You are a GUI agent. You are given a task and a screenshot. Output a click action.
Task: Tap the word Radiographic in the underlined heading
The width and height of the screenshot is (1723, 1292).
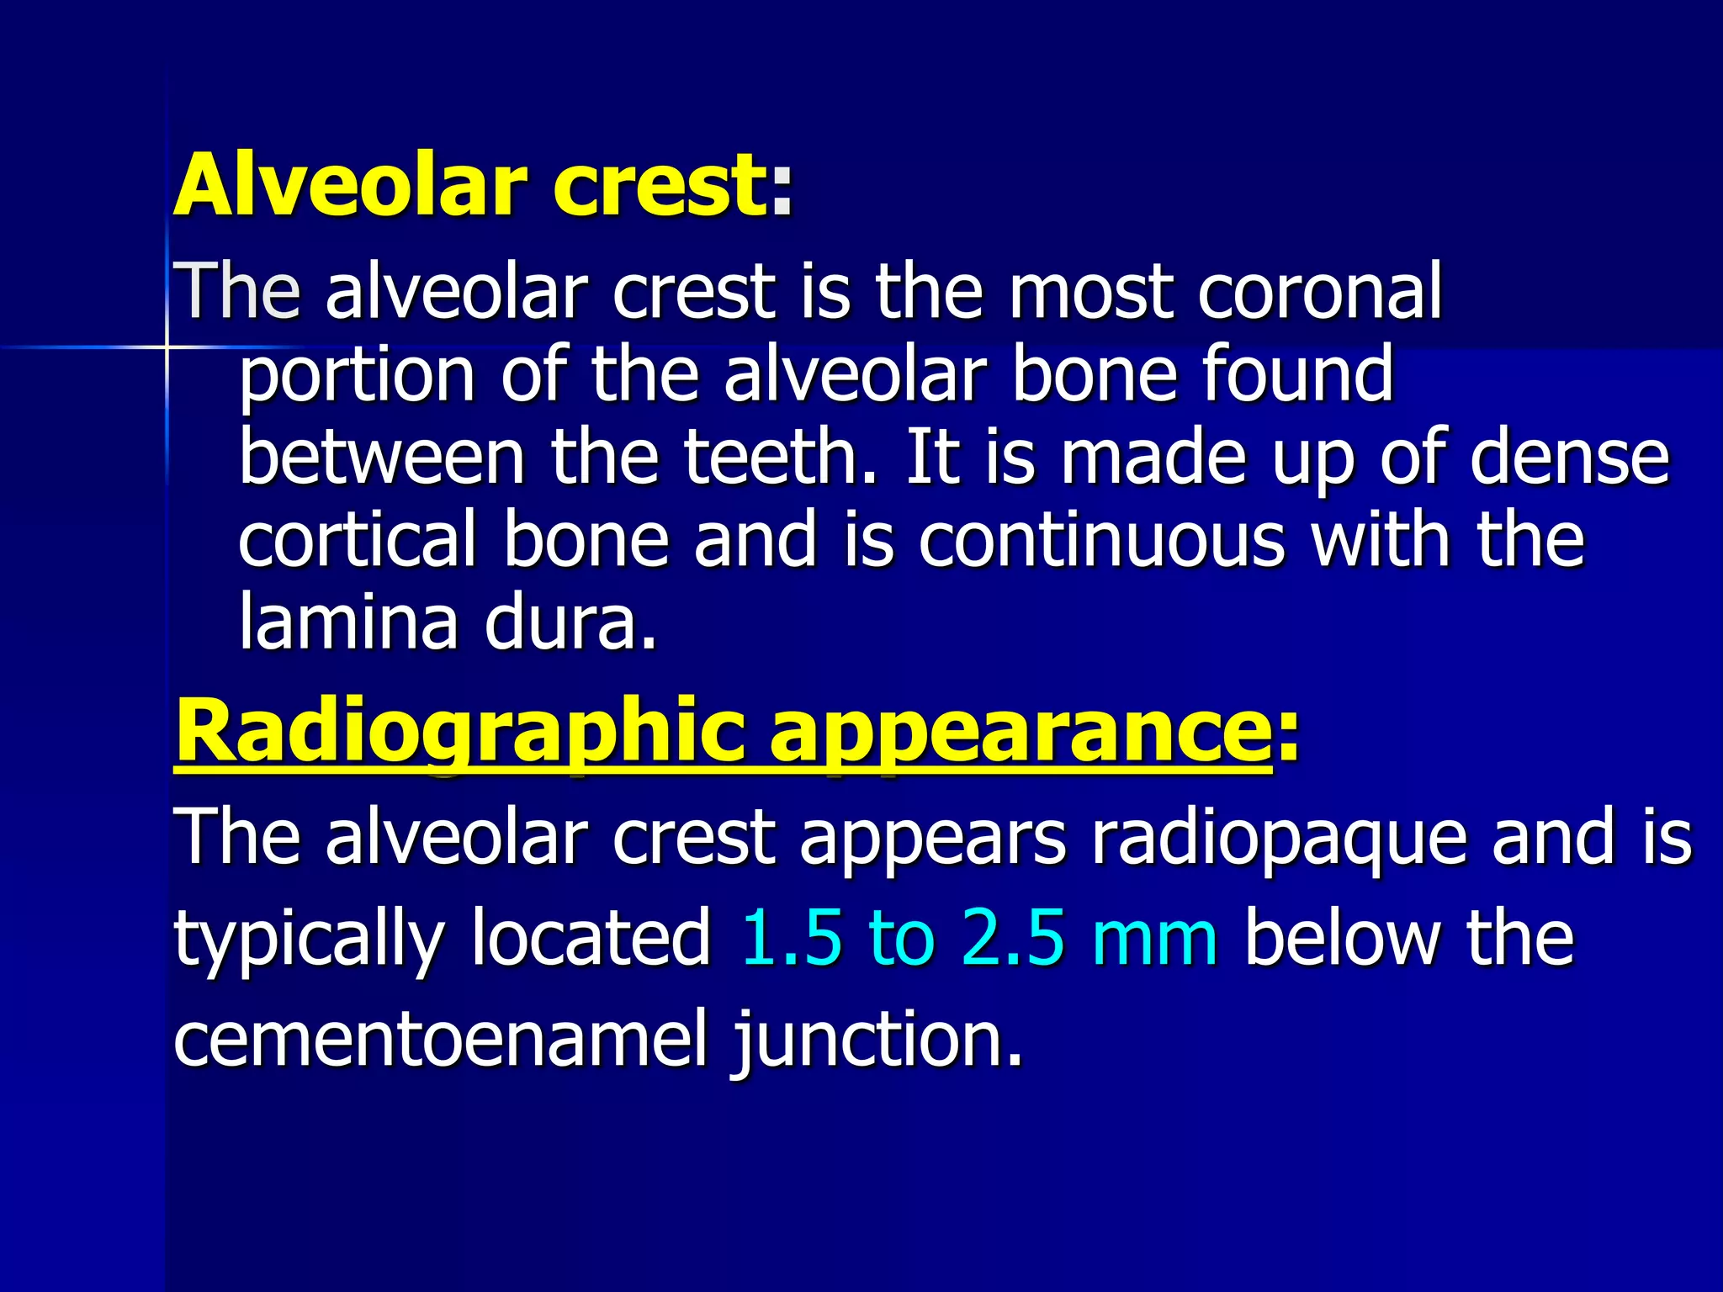click(459, 731)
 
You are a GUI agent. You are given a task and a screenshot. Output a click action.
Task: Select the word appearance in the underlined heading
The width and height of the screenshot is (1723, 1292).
click(1020, 731)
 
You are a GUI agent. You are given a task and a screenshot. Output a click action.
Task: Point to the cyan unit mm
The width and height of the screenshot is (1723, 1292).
click(1154, 939)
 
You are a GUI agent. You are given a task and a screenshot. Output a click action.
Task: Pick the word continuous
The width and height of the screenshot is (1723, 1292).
click(1102, 539)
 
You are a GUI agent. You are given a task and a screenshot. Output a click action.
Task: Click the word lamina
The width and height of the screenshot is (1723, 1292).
click(348, 622)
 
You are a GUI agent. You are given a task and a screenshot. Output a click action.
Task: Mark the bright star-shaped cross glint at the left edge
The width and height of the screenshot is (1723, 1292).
click(166, 347)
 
